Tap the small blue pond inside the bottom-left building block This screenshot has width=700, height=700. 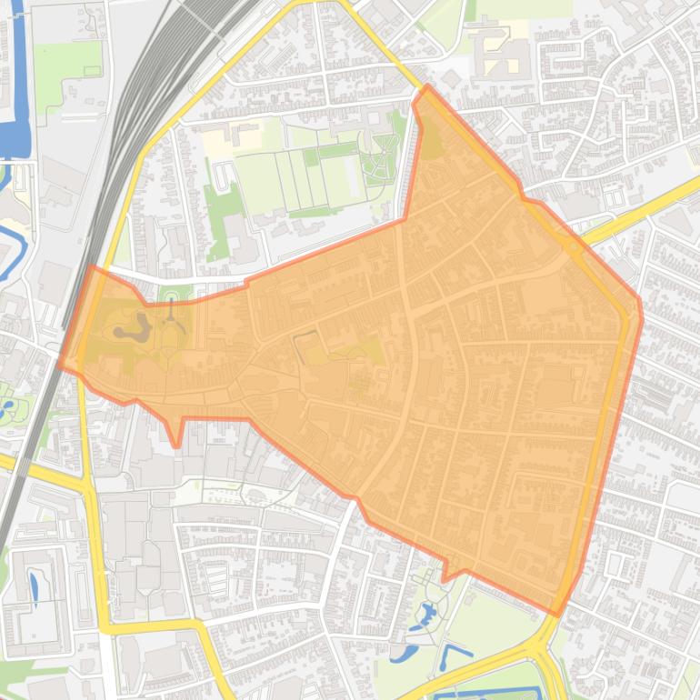click(35, 588)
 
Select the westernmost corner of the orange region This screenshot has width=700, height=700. click(59, 365)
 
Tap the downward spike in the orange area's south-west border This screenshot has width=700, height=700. click(177, 445)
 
